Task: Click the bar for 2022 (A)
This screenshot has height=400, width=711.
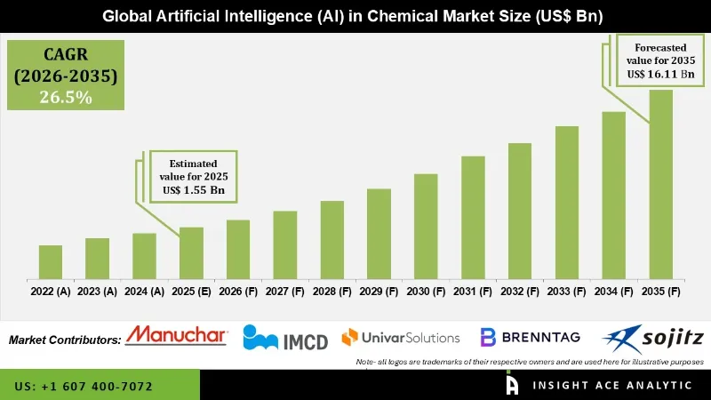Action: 51,261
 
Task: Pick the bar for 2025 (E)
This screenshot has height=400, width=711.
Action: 191,252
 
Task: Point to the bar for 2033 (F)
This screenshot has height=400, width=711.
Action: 567,202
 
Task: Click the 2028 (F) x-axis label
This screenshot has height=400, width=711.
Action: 332,292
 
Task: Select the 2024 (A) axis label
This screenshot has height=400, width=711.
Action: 144,292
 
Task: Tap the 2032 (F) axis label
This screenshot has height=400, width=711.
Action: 520,292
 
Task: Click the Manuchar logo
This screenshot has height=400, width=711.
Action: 177,336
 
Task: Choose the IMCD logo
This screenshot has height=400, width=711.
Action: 285,338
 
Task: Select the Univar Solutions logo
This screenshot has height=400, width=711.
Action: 401,337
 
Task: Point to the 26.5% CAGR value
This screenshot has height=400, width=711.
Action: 66,97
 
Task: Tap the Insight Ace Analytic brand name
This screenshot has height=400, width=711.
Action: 612,386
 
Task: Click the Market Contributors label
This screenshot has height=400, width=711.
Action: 65,340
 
